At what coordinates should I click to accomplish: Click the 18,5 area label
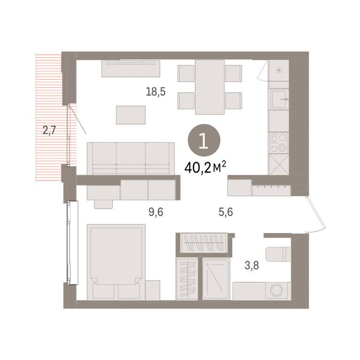[156, 91]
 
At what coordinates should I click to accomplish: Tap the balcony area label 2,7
[49, 130]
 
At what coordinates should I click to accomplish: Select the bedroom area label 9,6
[156, 212]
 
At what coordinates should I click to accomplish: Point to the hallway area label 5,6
[226, 212]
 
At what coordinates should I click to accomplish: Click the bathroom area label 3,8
[252, 265]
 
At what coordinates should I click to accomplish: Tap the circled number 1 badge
[204, 141]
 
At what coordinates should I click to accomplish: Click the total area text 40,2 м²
[205, 168]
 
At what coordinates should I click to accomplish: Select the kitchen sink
[279, 99]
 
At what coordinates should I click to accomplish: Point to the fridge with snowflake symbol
[278, 70]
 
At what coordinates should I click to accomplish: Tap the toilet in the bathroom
[278, 254]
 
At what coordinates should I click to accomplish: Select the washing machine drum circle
[277, 291]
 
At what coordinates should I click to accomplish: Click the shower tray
[216, 279]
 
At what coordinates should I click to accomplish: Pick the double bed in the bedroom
[116, 262]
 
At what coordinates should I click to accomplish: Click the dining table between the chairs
[210, 87]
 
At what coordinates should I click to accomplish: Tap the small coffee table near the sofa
[131, 115]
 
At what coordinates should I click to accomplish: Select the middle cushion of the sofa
[131, 157]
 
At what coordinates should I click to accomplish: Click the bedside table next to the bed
[153, 290]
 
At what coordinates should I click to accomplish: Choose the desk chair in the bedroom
[103, 204]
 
